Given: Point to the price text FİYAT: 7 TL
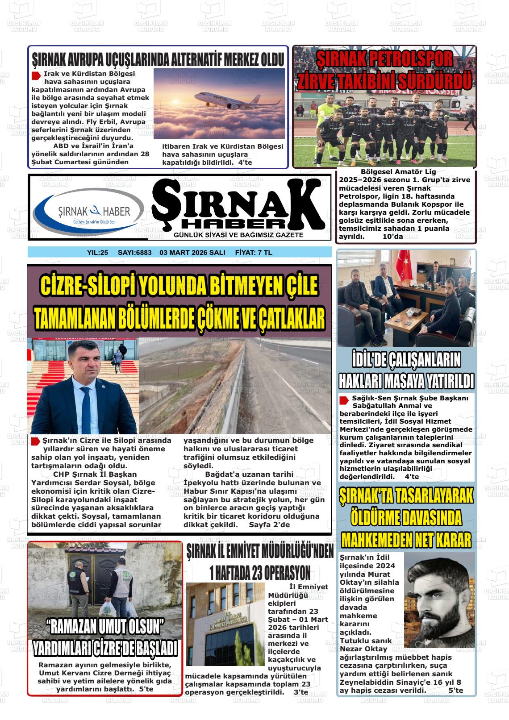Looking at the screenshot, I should pos(253,253).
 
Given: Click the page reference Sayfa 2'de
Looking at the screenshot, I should pos(269,524).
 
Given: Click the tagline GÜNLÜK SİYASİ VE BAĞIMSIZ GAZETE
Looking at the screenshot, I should pos(238,235).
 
